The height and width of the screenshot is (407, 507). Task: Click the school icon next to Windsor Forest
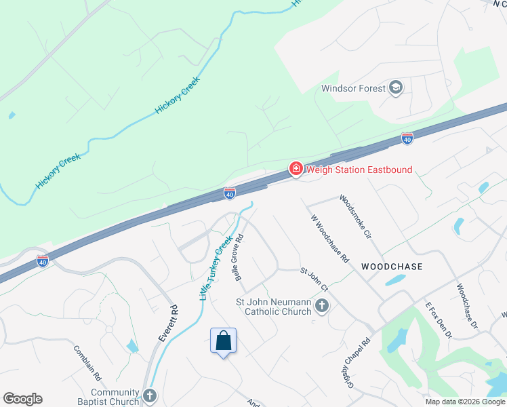(397, 88)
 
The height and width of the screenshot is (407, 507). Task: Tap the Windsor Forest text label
(353, 88)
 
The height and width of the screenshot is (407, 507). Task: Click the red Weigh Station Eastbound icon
(296, 170)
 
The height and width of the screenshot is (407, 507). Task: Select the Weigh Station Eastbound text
(359, 170)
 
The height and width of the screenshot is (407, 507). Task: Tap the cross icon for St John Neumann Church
(322, 307)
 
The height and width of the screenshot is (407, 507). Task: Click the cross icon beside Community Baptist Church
(150, 395)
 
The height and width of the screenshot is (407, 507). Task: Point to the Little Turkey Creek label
(216, 268)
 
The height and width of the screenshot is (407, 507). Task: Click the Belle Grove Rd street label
(239, 258)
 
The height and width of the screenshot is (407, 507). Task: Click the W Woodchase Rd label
(329, 239)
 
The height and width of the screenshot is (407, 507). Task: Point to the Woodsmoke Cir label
(357, 216)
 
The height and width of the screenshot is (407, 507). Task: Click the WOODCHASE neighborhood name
(392, 267)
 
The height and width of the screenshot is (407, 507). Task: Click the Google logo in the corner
(22, 399)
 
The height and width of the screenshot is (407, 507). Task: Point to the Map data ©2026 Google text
(466, 402)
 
